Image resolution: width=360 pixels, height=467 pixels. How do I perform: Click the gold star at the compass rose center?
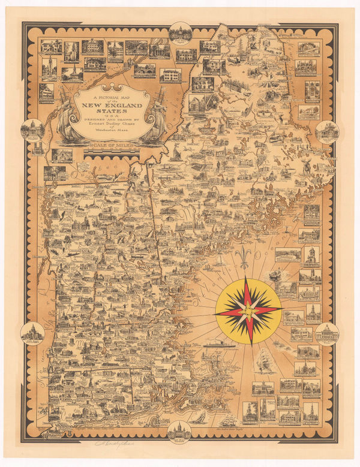tap(248, 309)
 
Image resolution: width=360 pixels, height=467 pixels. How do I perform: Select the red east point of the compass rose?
tap(266, 309)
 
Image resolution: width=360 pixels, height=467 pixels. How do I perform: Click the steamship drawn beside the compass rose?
tap(217, 344)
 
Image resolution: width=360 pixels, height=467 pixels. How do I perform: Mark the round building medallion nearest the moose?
tap(327, 131)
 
